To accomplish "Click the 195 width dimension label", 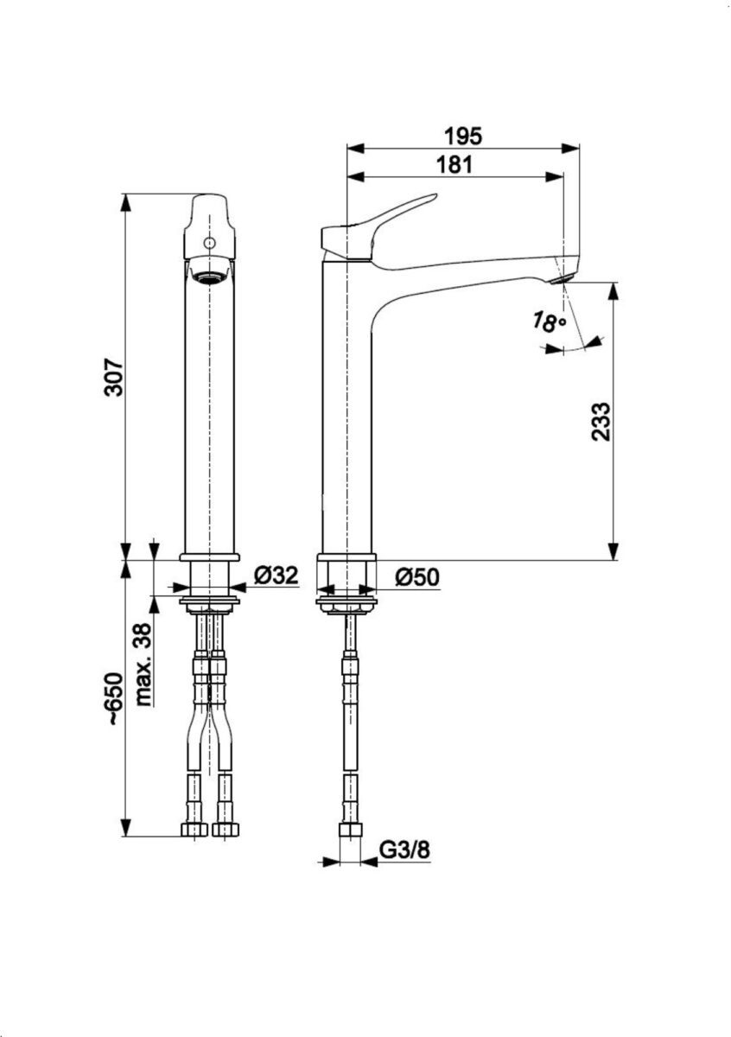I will [462, 135].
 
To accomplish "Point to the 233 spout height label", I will [601, 421].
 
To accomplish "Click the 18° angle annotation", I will [549, 323].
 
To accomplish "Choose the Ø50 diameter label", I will [418, 576].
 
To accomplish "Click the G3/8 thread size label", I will [405, 850].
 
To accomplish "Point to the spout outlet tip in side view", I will [560, 275].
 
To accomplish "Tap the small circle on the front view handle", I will [207, 244].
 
